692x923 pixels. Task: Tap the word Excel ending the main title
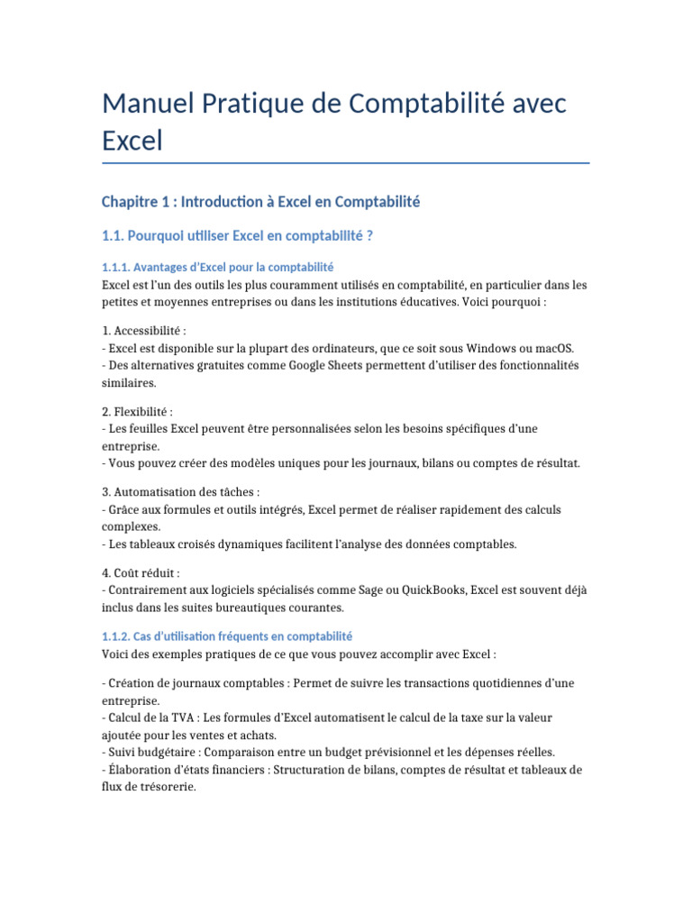pos(132,141)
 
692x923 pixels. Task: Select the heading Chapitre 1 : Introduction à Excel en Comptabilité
pos(261,202)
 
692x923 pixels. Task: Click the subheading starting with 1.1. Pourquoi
pos(238,235)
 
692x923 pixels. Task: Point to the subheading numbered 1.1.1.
pos(218,267)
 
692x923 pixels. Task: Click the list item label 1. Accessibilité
pos(144,331)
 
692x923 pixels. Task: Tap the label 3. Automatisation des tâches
pos(180,492)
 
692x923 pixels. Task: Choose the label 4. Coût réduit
pos(141,572)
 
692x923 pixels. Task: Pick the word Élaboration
pos(140,770)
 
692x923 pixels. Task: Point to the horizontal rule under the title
pos(346,163)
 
